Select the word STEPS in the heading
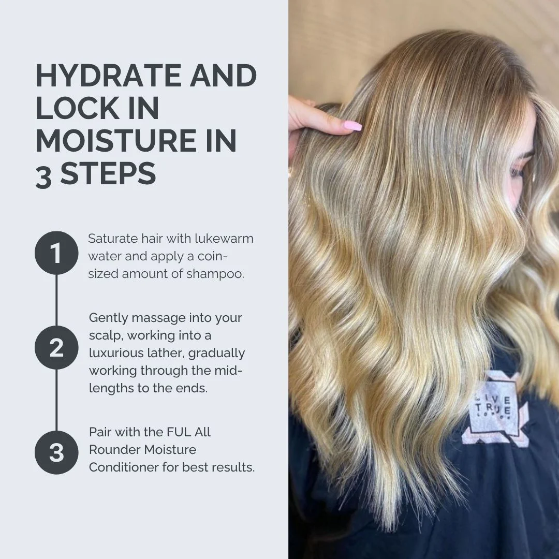[108, 174]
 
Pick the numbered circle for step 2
[56, 348]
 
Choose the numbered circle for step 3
[56, 452]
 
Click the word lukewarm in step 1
[224, 239]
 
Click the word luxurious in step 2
[111, 353]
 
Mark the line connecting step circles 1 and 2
[56, 300]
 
